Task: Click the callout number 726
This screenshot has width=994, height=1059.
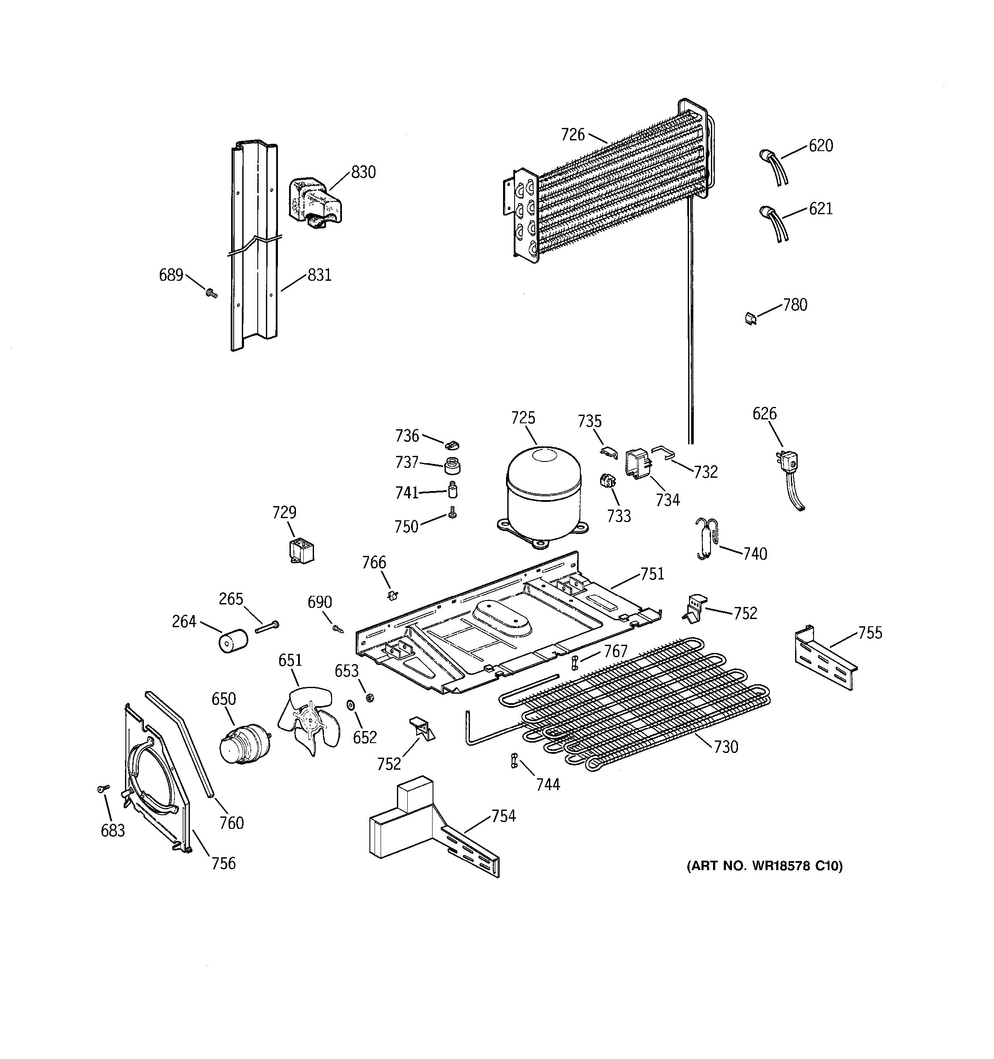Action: [x=573, y=135]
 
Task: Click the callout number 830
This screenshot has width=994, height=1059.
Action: [x=363, y=172]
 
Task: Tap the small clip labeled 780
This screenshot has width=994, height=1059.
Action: [x=751, y=319]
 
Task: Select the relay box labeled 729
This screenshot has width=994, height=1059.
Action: [x=300, y=551]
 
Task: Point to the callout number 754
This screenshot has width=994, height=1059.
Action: [x=503, y=816]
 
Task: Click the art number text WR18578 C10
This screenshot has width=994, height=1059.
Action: [x=764, y=866]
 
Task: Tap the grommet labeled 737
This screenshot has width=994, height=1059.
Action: [x=452, y=466]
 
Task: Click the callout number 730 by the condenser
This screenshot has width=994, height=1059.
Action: [x=726, y=747]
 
